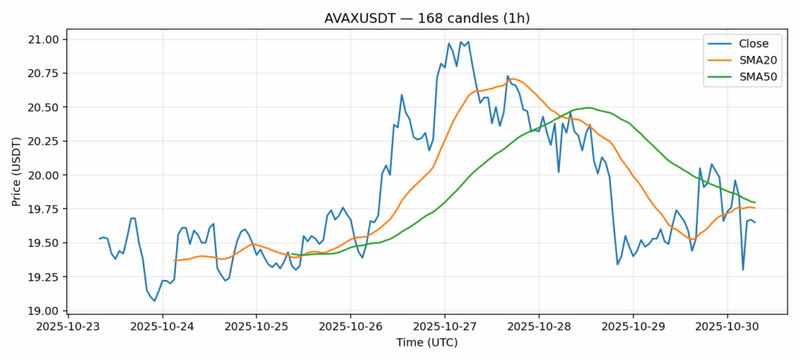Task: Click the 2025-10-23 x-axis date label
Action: pyautogui.click(x=68, y=326)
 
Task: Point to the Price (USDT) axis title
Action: pyautogui.click(x=16, y=175)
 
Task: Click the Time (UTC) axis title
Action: pyautogui.click(x=426, y=343)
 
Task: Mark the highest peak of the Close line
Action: pyautogui.click(x=461, y=42)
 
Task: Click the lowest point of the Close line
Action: pyautogui.click(x=155, y=301)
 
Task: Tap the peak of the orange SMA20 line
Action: pyautogui.click(x=512, y=79)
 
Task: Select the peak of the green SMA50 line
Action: pyautogui.click(x=588, y=108)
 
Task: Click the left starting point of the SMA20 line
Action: pyautogui.click(x=174, y=260)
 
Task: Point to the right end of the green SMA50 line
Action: pyautogui.click(x=755, y=203)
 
